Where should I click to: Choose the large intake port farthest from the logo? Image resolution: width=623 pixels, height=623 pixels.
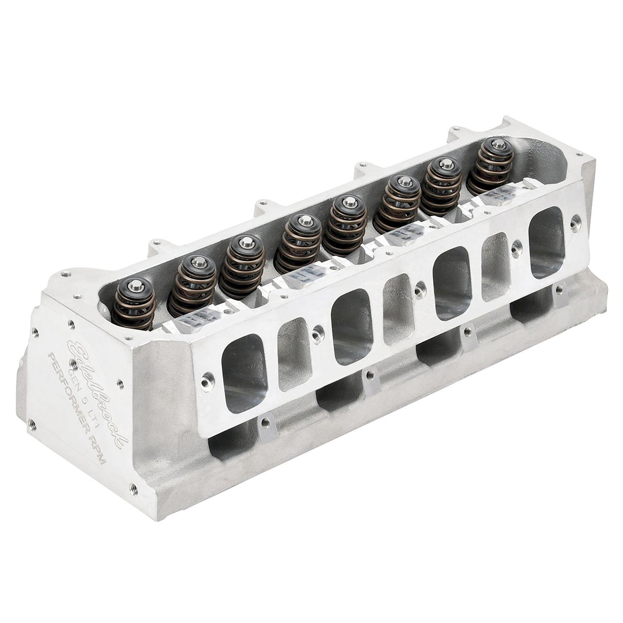546,243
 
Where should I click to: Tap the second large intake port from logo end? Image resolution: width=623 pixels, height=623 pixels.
351,327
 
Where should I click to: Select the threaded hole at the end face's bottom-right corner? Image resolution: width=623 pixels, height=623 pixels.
134,488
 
